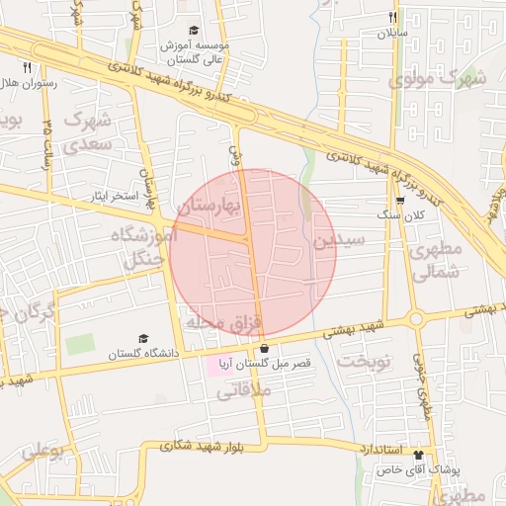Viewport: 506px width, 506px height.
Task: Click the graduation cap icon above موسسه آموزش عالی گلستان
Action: [194, 32]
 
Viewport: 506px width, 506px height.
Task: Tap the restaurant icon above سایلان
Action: [392, 17]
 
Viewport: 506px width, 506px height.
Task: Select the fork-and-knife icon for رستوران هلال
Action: [27, 68]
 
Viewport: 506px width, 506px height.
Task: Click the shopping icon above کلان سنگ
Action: [399, 199]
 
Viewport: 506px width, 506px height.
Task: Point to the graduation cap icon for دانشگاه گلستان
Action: [144, 338]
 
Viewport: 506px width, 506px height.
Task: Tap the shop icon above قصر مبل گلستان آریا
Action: [264, 349]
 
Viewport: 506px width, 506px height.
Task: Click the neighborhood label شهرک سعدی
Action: [90, 131]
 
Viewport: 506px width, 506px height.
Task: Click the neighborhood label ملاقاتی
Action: [238, 391]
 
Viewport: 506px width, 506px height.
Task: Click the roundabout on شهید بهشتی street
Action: [415, 318]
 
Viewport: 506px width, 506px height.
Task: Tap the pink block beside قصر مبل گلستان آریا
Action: [214, 366]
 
